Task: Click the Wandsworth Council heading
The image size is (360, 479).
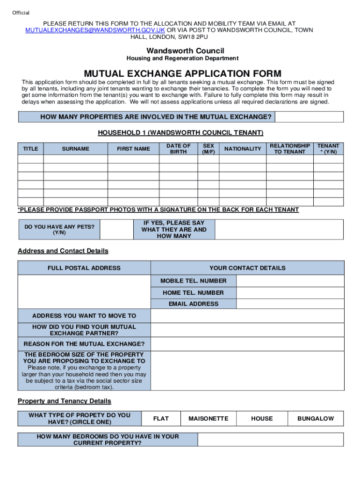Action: [x=185, y=51]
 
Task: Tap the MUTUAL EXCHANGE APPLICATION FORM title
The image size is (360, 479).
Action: [x=182, y=74]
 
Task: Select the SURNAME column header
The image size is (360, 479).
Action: [x=75, y=149]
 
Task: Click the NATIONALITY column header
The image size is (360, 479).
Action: [x=243, y=149]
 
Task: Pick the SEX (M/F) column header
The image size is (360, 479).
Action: [x=208, y=149]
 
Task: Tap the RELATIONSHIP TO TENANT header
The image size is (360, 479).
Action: [x=289, y=149]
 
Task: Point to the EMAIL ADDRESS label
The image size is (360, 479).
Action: [x=193, y=304]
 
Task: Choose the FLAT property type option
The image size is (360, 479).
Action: [x=161, y=419]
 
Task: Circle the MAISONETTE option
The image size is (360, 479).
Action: [x=208, y=419]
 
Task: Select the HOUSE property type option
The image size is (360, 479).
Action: [x=262, y=419]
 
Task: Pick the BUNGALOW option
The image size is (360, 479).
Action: [x=316, y=419]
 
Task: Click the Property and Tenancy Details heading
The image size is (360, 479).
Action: [x=65, y=401]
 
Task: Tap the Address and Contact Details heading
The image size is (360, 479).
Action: [x=63, y=251]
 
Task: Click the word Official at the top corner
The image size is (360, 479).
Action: [x=21, y=13]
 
